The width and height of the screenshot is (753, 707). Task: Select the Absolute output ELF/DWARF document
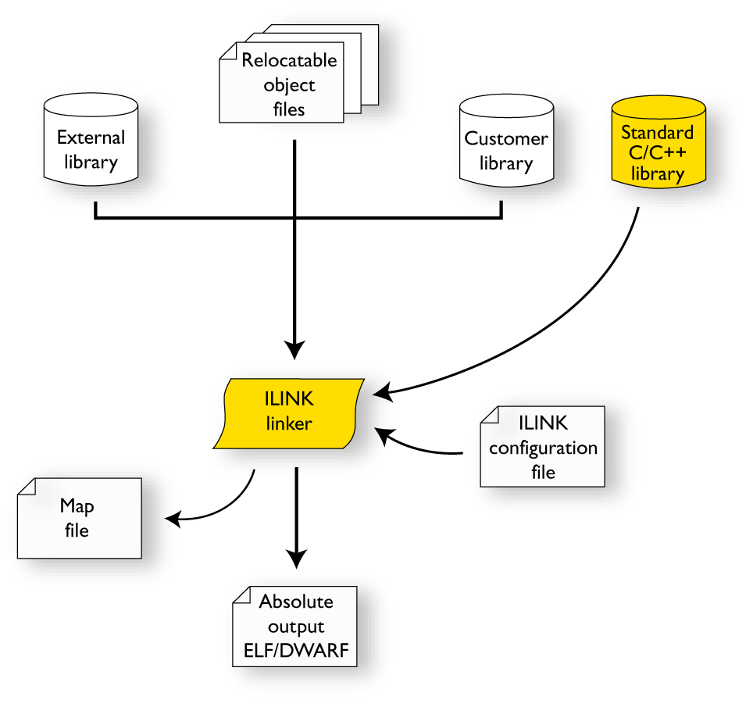[295, 627]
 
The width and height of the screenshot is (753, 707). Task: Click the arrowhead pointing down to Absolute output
[296, 558]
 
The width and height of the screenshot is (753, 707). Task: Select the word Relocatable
[289, 60]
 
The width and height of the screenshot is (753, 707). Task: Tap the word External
[91, 137]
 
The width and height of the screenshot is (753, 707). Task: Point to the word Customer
[506, 139]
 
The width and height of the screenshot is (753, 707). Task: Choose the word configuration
[543, 448]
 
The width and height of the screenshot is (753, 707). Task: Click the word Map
[77, 506]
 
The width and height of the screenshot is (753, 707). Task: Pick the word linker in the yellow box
[289, 424]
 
